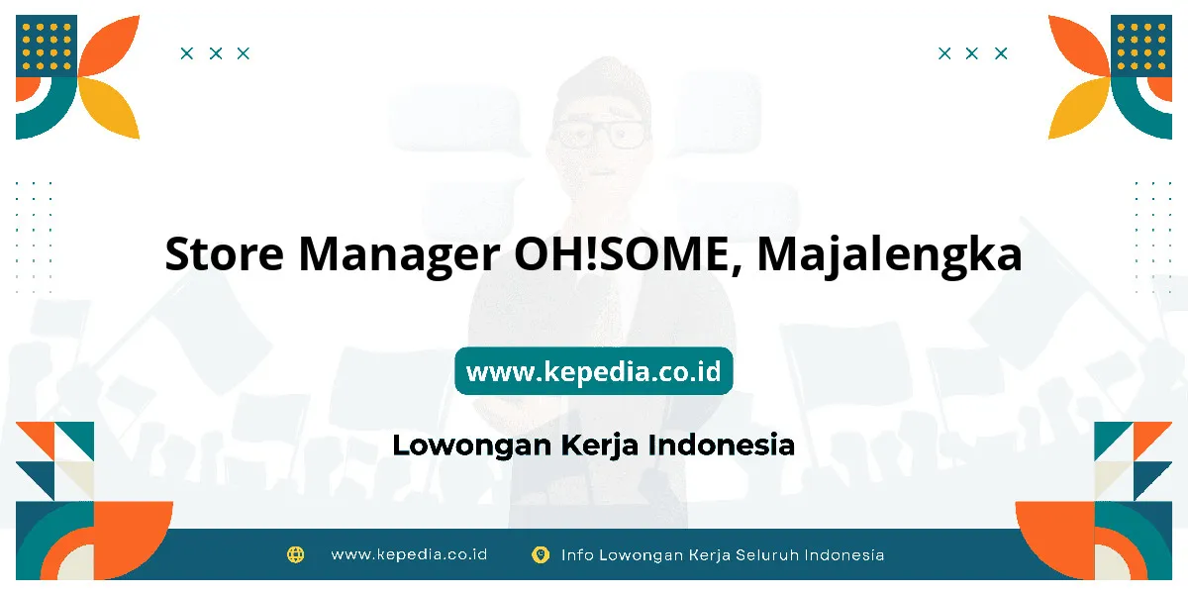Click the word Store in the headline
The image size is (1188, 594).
pos(224,253)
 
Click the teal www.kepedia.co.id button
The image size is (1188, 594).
pos(593,370)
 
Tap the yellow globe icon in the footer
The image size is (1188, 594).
pos(295,554)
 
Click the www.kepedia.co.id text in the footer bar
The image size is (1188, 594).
pos(409,554)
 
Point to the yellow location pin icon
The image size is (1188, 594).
pos(541,554)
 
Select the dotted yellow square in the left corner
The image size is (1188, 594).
pos(47,46)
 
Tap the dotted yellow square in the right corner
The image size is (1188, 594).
pos(1141,46)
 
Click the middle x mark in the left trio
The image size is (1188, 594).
pos(216,53)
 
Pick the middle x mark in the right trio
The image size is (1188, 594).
pos(971,53)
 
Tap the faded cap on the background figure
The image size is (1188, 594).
pos(601,85)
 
